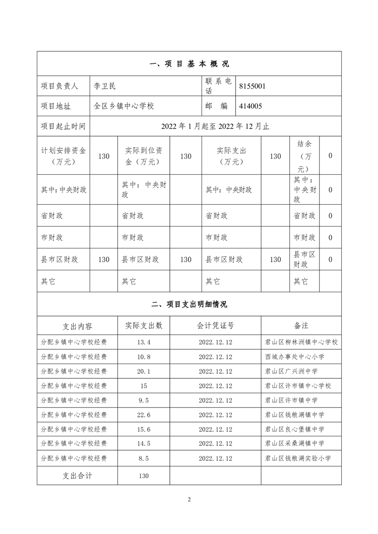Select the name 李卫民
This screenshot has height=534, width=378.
coord(105,86)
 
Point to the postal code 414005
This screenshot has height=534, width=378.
coord(250,106)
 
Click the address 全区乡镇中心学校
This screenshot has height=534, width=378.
coord(124,106)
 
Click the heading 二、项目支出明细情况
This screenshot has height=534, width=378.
coord(189,305)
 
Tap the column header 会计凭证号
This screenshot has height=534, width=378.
coord(215,326)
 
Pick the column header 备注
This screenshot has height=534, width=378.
coord(301,326)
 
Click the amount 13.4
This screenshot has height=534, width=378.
coord(143,342)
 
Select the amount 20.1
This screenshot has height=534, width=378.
coord(143,371)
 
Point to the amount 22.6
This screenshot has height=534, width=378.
coord(143,415)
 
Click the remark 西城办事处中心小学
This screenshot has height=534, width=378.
coord(295,357)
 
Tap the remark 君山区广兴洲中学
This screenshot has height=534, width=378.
coord(291,371)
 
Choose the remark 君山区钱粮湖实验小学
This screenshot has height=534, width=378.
coord(298,458)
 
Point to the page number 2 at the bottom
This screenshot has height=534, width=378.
coord(189,499)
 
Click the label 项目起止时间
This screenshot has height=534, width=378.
coord(63,126)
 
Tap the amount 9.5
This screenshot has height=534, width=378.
coord(143,400)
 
